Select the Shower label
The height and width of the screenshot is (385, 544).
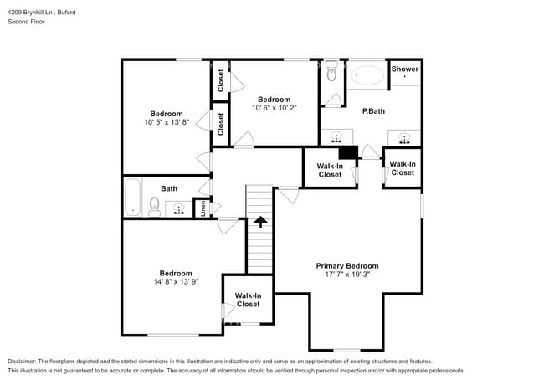coord(404,69)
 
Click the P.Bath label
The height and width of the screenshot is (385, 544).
coord(373,110)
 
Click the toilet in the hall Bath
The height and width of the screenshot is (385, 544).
coord(154,206)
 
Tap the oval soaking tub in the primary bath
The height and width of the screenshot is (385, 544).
coord(367,75)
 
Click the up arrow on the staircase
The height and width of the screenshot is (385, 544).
coord(259,222)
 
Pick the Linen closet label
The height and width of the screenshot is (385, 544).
coord(203,208)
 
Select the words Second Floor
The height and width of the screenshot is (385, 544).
coord(26,22)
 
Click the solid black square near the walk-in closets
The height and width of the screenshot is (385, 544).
coord(348,152)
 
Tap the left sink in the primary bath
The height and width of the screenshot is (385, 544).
coord(336,136)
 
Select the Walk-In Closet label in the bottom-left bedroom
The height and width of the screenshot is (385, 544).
coord(248,300)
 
